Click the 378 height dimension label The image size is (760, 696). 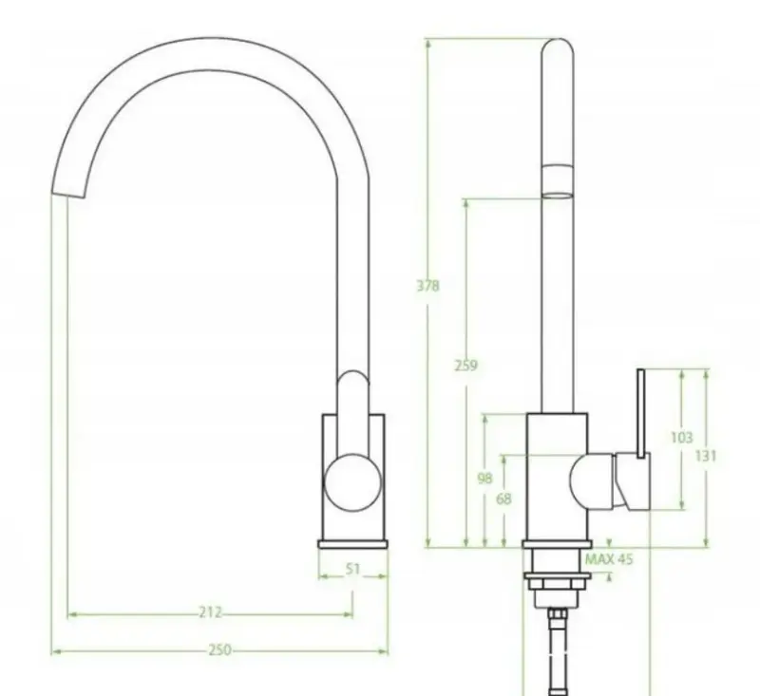(427, 286)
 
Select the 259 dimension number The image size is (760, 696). (466, 366)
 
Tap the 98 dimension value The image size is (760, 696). (484, 479)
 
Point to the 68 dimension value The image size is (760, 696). (503, 498)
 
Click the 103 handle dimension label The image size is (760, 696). (681, 438)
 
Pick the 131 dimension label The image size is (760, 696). (706, 456)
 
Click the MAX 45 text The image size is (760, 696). (609, 559)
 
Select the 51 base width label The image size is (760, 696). (352, 570)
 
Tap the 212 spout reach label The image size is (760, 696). (210, 612)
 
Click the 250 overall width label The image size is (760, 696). (219, 650)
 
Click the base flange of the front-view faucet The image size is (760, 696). (352, 543)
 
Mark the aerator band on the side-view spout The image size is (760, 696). (557, 179)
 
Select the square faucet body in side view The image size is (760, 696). (557, 475)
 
